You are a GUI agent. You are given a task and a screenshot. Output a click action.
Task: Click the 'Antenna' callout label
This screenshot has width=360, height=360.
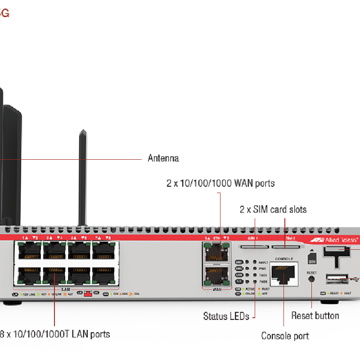163,158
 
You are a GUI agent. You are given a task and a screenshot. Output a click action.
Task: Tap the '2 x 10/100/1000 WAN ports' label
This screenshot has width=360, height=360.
220,183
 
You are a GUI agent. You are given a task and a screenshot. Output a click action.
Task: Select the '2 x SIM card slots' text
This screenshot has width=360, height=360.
273,209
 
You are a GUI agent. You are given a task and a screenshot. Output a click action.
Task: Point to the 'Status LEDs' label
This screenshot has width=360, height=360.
226,316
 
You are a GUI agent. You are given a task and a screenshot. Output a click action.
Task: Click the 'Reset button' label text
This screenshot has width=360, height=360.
315,315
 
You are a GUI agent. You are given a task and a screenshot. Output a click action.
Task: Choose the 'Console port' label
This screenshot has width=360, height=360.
285,336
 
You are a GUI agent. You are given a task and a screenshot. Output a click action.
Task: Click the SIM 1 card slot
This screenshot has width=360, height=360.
254,247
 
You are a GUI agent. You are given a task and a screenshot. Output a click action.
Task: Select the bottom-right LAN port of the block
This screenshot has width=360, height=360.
104,275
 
